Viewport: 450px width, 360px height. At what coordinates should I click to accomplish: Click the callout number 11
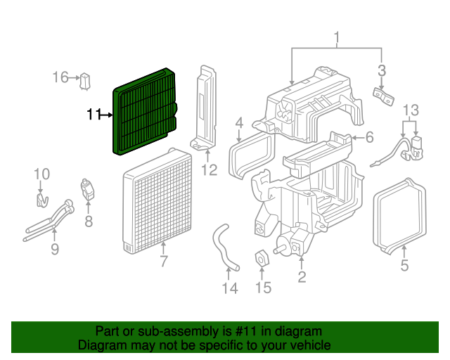point(94,114)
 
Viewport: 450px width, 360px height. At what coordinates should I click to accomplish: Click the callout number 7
point(163,262)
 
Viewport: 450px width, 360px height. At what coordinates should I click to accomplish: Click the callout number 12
point(210,169)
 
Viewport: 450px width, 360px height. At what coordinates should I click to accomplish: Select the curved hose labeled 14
point(221,245)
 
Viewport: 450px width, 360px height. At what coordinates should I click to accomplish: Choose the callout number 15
point(262,288)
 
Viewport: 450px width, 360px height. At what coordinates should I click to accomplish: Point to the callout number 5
point(404,265)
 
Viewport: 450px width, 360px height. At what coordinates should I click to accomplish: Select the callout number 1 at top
point(337,37)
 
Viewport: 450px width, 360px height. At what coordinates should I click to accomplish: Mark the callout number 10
point(41,173)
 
